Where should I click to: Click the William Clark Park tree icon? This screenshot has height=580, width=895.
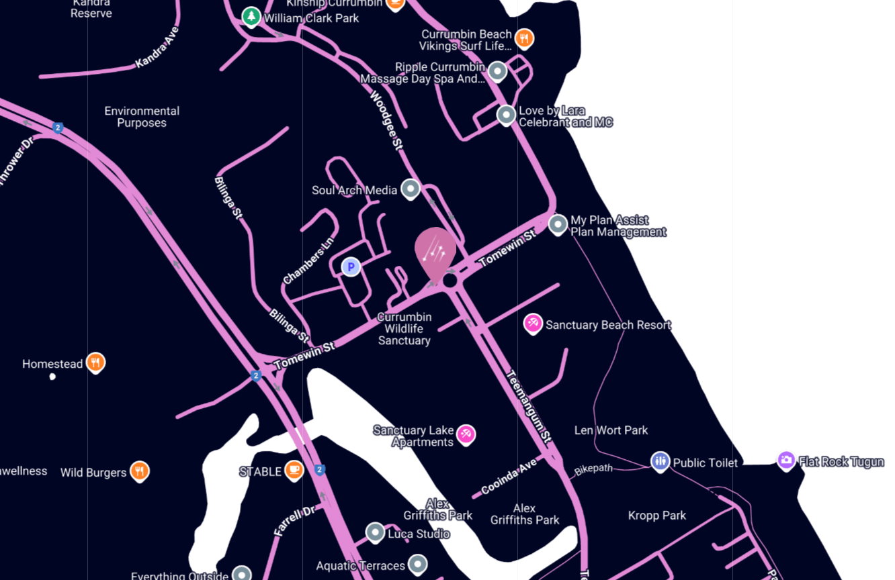click(251, 16)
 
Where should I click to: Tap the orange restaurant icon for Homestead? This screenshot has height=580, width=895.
click(96, 362)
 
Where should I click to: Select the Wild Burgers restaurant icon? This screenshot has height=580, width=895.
click(139, 471)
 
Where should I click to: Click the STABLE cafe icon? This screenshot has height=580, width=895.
click(294, 471)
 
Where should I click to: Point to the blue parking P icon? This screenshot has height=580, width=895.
click(351, 267)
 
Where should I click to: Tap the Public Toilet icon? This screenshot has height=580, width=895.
click(660, 461)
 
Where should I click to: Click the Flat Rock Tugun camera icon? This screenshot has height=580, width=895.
click(786, 461)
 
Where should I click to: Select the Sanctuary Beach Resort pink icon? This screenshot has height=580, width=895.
click(533, 324)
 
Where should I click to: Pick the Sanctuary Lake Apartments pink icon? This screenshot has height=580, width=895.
click(466, 434)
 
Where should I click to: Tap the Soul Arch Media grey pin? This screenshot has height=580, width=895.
click(410, 189)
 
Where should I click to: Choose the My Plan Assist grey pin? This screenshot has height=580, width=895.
click(558, 224)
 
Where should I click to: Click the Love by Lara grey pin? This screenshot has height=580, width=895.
click(506, 115)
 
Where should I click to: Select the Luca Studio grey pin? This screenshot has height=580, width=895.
click(375, 533)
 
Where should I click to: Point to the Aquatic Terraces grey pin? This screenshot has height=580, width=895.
click(418, 564)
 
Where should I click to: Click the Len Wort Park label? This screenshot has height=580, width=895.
click(611, 430)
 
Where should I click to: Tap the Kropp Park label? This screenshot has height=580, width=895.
click(657, 516)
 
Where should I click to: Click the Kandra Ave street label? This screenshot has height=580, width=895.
click(157, 48)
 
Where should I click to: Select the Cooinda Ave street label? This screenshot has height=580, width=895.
click(509, 477)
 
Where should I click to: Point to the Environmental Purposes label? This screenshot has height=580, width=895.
click(142, 117)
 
